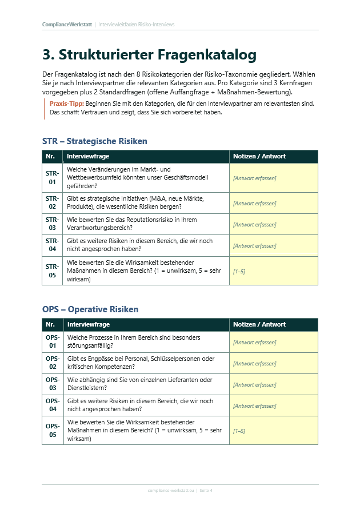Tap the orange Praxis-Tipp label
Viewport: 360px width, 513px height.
[x=67, y=104]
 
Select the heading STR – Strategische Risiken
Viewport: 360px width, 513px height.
[x=94, y=141]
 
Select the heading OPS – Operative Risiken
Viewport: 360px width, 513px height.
[x=90, y=309]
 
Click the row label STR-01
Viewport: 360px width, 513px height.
[x=52, y=178]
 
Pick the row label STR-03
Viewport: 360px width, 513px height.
[x=52, y=224]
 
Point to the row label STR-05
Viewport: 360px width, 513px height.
[x=52, y=271]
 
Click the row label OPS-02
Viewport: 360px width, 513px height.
[x=52, y=363]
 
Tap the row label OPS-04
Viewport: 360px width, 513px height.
[x=52, y=405]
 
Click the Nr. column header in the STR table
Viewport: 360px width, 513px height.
[x=50, y=156]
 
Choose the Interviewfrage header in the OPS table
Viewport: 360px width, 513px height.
[x=88, y=324]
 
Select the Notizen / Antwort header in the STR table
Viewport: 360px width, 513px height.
[x=259, y=156]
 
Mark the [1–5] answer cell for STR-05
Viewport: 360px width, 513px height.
[x=273, y=271]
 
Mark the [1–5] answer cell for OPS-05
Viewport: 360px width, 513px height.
[x=273, y=431]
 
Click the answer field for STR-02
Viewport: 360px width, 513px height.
[x=273, y=204]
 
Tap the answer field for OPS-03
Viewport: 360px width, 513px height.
[x=273, y=385]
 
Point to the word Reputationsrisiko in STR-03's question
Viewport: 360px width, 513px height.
[x=150, y=220]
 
